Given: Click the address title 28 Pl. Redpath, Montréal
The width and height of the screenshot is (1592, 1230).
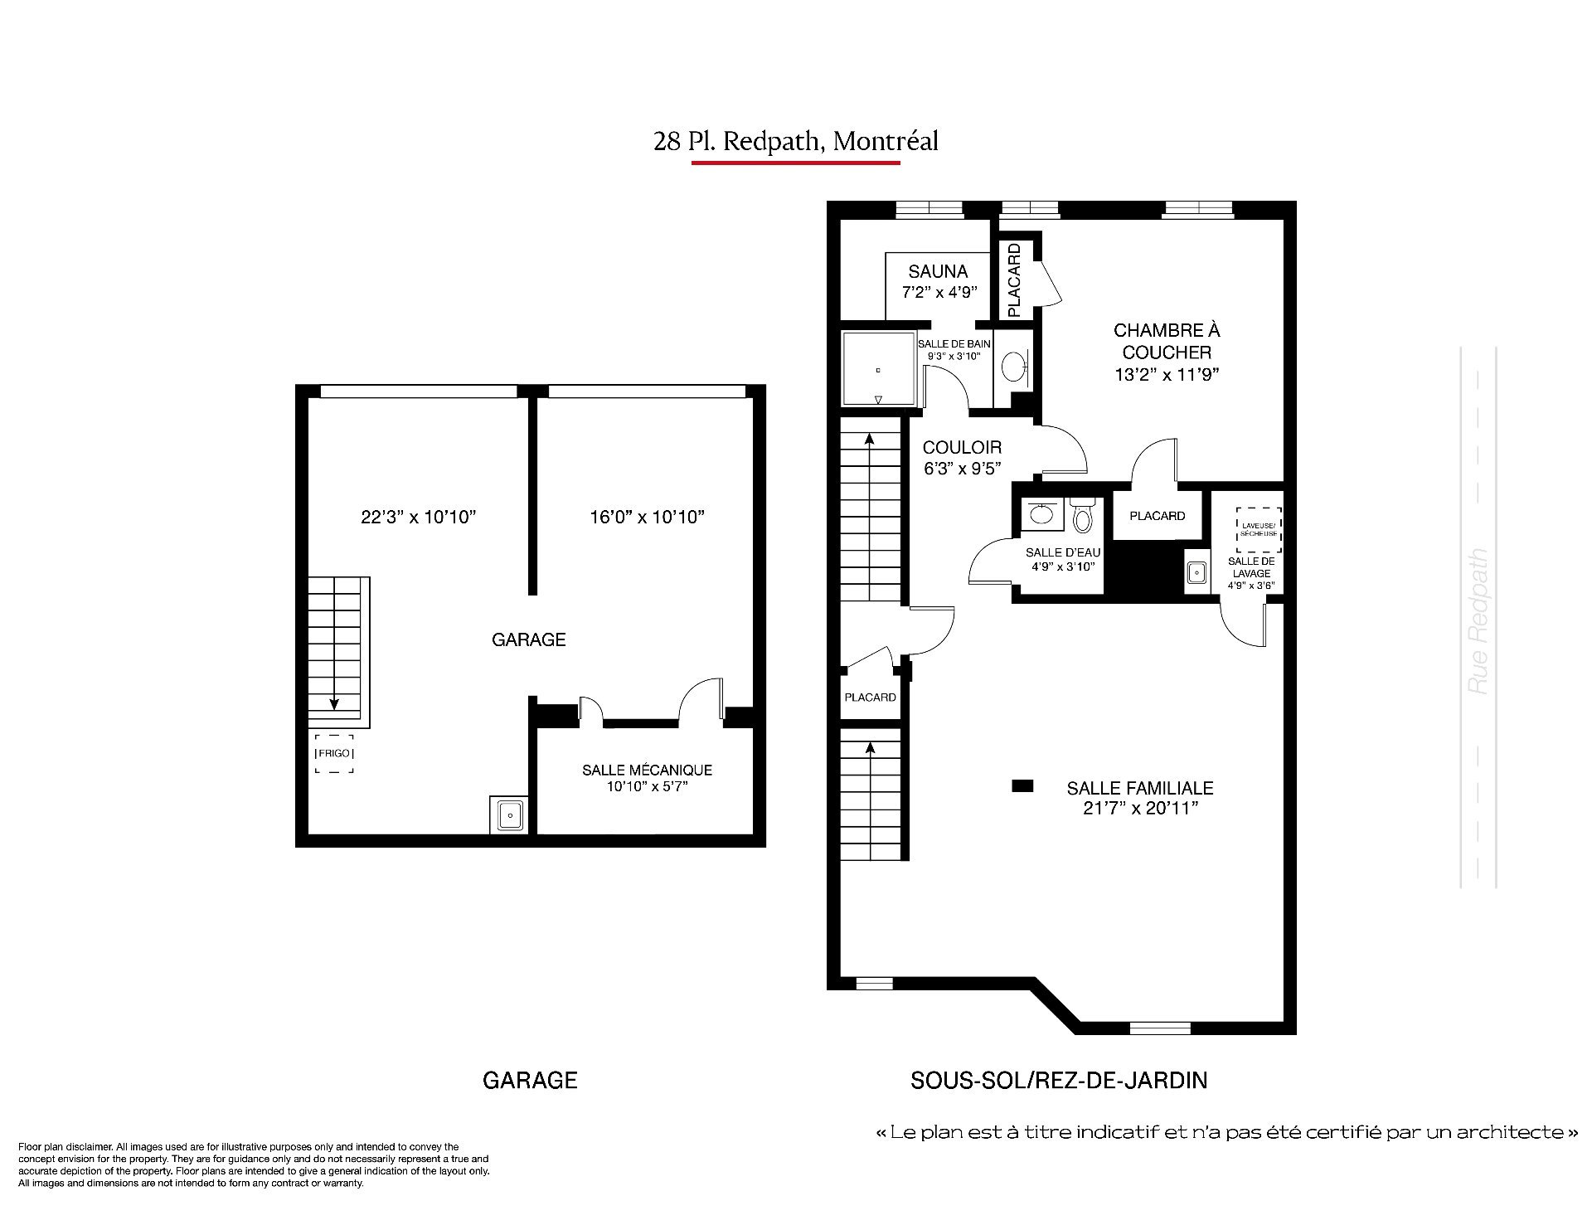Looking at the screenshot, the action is pyautogui.click(x=796, y=142).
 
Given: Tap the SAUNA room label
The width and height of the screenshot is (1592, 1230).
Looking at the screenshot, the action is pyautogui.click(x=938, y=271).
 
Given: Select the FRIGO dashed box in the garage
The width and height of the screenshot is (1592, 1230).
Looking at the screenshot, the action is pyautogui.click(x=334, y=754).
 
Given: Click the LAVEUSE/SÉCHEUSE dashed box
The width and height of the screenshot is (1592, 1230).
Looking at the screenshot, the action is pyautogui.click(x=1259, y=530).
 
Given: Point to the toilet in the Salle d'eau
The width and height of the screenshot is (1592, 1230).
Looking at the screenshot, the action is pyautogui.click(x=1082, y=514).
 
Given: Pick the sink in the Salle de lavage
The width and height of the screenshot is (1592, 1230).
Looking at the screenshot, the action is pyautogui.click(x=1196, y=571).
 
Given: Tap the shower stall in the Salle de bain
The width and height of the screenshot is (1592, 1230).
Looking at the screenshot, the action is pyautogui.click(x=879, y=369).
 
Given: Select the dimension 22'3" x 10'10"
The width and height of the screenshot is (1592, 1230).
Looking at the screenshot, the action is pyautogui.click(x=419, y=518).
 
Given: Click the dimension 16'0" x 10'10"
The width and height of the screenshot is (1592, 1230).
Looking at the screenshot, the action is pyautogui.click(x=647, y=518).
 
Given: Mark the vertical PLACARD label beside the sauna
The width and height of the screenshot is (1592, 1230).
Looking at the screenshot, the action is pyautogui.click(x=1014, y=280).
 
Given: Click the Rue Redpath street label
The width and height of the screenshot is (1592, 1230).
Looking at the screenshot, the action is pyautogui.click(x=1478, y=621).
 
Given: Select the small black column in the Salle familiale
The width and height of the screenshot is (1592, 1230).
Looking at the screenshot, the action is pyautogui.click(x=1022, y=785).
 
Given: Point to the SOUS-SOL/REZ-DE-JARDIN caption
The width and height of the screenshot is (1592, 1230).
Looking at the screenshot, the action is pyautogui.click(x=1059, y=1080).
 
